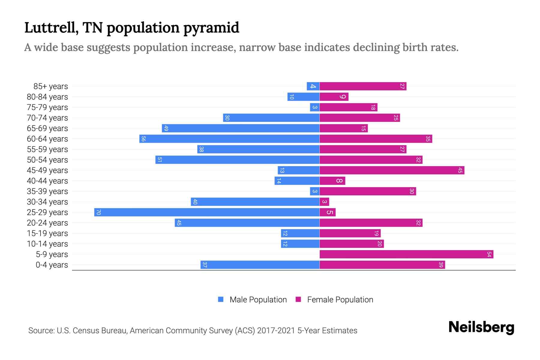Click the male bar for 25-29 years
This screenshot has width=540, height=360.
(x=207, y=212)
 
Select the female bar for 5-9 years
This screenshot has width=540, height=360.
(x=406, y=254)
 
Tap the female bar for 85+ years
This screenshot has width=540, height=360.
(x=363, y=86)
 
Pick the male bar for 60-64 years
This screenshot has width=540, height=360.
(x=229, y=139)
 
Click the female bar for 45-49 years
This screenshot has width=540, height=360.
(x=392, y=170)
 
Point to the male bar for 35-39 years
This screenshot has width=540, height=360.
(x=315, y=191)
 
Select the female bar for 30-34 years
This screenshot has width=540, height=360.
(x=324, y=202)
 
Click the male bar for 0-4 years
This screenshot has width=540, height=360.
(x=260, y=265)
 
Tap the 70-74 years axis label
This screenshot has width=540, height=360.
(x=47, y=118)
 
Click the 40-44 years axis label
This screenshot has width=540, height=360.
(x=47, y=181)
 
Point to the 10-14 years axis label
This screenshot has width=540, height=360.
(x=47, y=244)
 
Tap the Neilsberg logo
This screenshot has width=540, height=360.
(x=481, y=327)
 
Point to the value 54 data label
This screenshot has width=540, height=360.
(x=489, y=254)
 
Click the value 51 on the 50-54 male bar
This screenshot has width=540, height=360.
(x=160, y=160)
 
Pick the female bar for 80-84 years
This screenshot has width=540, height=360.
(x=334, y=97)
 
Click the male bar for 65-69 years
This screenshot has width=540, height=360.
(x=241, y=128)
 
